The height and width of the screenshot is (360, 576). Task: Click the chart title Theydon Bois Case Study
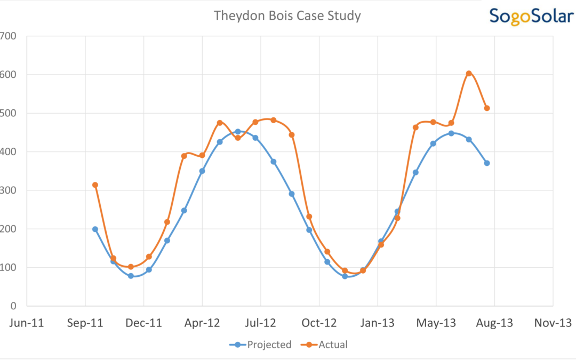pos(287,16)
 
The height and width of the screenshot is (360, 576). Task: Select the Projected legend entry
pos(261,345)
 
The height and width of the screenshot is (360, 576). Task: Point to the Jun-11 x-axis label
pos(27,323)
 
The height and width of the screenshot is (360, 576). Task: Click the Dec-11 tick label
pos(143,323)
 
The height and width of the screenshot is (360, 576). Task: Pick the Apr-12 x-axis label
pos(202,323)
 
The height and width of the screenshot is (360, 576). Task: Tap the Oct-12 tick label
pos(319,323)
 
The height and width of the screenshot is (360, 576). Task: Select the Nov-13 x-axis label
pos(553,323)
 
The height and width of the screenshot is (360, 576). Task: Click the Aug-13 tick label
pos(494,323)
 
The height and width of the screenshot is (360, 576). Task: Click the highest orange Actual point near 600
pos(469,74)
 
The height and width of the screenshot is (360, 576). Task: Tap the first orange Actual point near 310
pos(95,185)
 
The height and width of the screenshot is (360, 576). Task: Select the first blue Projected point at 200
pos(95,229)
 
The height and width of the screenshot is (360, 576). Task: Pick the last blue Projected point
pos(487,163)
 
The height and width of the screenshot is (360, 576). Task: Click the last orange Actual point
pos(487,108)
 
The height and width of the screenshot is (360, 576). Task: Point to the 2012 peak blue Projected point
pos(238,132)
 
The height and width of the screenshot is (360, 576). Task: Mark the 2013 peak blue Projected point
pos(451,133)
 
